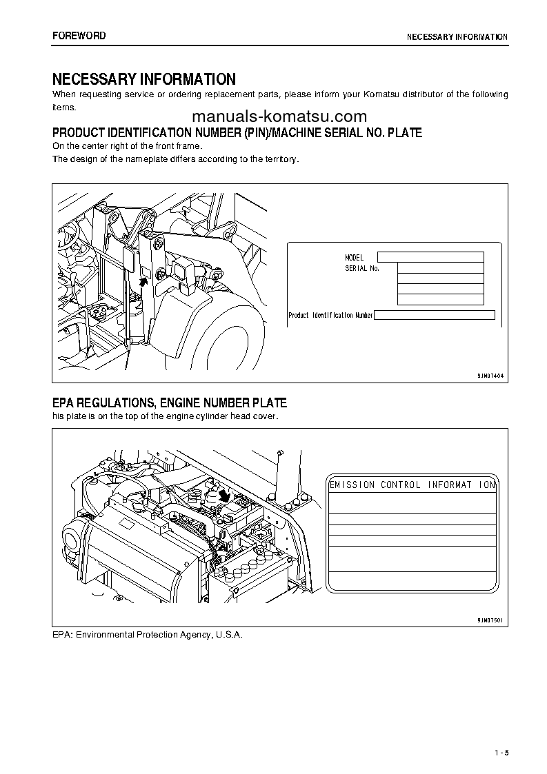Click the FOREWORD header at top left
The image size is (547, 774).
(x=79, y=36)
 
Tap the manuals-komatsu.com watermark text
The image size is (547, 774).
(x=279, y=116)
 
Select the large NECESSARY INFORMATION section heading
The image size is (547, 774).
(x=144, y=79)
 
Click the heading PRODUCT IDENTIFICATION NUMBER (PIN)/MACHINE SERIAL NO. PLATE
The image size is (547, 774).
(x=237, y=132)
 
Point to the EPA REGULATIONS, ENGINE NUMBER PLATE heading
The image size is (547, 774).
(x=170, y=403)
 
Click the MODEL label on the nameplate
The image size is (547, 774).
(x=354, y=257)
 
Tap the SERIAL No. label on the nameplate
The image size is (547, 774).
(x=362, y=268)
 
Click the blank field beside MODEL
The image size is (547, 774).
(x=430, y=256)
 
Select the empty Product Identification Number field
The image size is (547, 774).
(x=434, y=315)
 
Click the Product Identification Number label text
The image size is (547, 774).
(x=330, y=315)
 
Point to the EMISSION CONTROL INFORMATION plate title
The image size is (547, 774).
(x=412, y=485)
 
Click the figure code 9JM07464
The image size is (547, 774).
(x=490, y=376)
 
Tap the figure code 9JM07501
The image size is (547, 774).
(x=490, y=620)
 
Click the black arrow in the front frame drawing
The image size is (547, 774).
(x=144, y=278)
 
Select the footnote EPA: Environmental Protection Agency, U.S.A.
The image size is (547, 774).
(x=148, y=634)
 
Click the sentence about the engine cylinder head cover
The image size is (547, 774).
(x=166, y=417)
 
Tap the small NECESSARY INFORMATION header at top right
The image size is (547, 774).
(x=457, y=37)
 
